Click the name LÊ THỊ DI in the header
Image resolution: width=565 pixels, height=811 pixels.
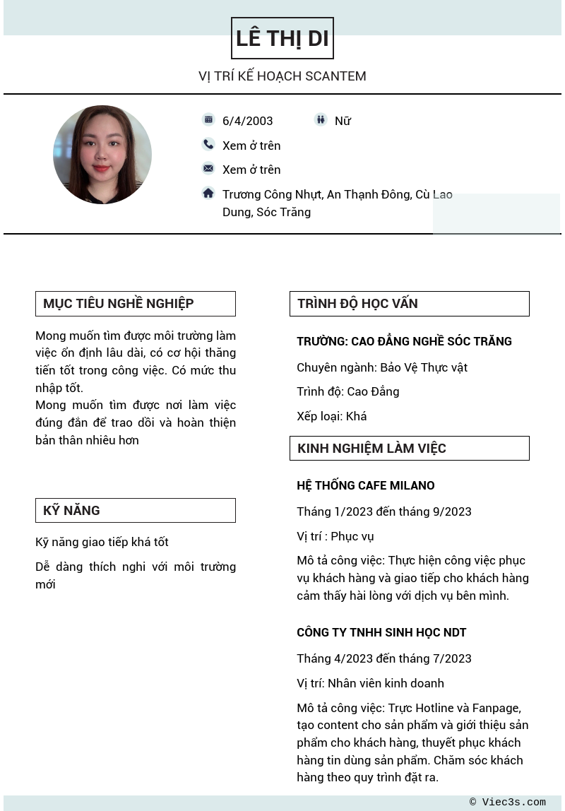[x=282, y=38]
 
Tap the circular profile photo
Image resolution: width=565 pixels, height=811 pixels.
[x=102, y=155]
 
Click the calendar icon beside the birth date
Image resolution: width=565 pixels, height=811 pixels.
[x=208, y=120]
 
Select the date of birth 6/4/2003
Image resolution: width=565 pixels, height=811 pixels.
[x=247, y=121]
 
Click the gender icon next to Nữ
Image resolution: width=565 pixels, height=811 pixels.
[x=321, y=120]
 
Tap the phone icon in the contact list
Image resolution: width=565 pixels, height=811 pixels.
[x=208, y=145]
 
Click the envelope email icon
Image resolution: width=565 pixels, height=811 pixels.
[x=208, y=168]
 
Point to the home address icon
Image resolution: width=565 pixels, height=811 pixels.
[x=208, y=193]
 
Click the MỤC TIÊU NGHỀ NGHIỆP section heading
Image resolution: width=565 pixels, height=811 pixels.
[x=119, y=304]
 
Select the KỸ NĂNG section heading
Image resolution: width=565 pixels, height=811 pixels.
[x=72, y=511]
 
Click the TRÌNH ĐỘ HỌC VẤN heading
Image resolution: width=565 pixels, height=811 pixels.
[x=357, y=304]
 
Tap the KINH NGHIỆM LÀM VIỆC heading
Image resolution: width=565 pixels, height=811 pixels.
[x=371, y=449]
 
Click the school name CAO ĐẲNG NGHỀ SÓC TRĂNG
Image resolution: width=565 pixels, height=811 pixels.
[x=404, y=341]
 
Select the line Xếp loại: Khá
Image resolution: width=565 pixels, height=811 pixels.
[x=332, y=416]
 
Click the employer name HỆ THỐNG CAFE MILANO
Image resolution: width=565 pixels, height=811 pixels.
[x=366, y=485]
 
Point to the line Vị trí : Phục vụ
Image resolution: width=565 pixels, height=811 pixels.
[x=335, y=536]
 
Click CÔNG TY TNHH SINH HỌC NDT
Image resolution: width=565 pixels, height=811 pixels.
[x=381, y=632]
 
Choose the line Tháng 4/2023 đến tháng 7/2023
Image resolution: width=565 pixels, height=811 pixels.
[x=384, y=658]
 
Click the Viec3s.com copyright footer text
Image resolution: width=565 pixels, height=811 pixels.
[x=508, y=803]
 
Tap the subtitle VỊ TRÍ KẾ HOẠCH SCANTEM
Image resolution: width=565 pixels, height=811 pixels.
[x=282, y=76]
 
